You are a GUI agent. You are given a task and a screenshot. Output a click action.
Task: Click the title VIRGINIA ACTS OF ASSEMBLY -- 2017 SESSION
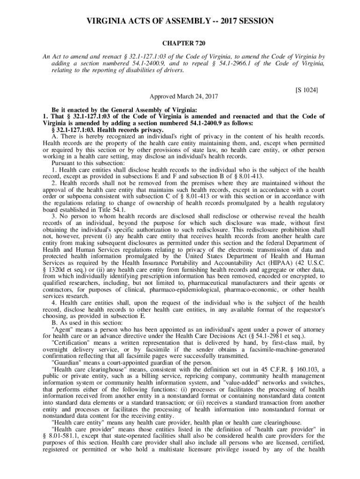tap(180, 22)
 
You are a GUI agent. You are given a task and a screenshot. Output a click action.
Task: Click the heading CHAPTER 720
tap(180, 44)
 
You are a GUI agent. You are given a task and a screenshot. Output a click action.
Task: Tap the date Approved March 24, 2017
tap(180, 96)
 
